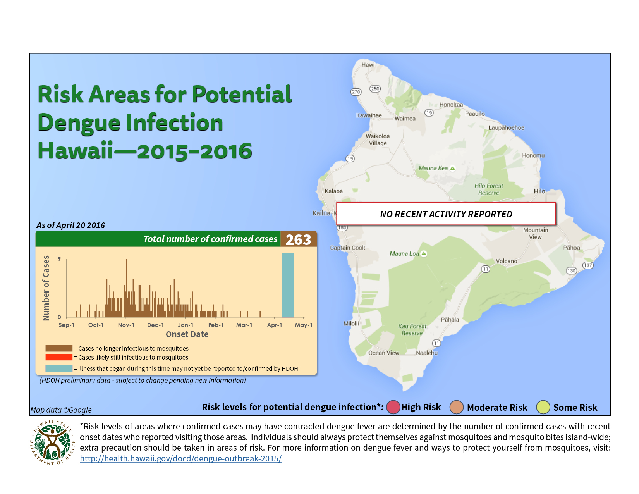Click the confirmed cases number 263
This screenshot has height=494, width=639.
pyautogui.click(x=298, y=239)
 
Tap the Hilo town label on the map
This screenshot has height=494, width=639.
pyautogui.click(x=539, y=191)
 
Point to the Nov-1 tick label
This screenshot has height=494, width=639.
pyautogui.click(x=126, y=325)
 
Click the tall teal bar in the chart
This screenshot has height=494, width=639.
pyautogui.click(x=288, y=285)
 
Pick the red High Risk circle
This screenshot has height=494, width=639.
pyautogui.click(x=393, y=407)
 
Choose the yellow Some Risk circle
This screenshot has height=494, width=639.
pyautogui.click(x=543, y=407)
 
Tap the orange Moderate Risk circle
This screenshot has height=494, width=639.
pyautogui.click(x=456, y=407)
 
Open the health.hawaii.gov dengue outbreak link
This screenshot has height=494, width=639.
pyautogui.click(x=180, y=458)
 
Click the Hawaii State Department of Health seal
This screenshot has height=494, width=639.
pyautogui.click(x=52, y=442)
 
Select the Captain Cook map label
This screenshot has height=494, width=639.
pyautogui.click(x=347, y=248)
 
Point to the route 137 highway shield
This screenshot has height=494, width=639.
pyautogui.click(x=588, y=265)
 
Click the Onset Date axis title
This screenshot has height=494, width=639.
pyautogui.click(x=187, y=334)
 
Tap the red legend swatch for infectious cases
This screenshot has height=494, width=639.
pyautogui.click(x=59, y=357)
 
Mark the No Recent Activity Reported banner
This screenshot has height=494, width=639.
pyautogui.click(x=446, y=214)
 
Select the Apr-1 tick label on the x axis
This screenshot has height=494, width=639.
pyautogui.click(x=274, y=325)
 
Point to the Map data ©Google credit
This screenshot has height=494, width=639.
pyautogui.click(x=61, y=410)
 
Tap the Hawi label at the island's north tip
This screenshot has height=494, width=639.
pyautogui.click(x=368, y=65)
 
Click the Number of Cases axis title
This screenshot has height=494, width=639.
pyautogui.click(x=46, y=288)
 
